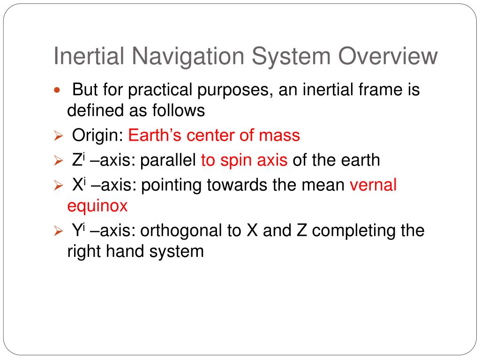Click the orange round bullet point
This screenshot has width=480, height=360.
pos(58,90)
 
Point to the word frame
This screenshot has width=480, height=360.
pos(375,89)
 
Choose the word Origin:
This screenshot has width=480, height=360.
pos(98,136)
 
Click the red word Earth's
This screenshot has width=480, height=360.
pos(155,136)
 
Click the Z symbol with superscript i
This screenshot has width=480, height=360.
pos(78,160)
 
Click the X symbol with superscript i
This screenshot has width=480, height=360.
pos(78,185)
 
